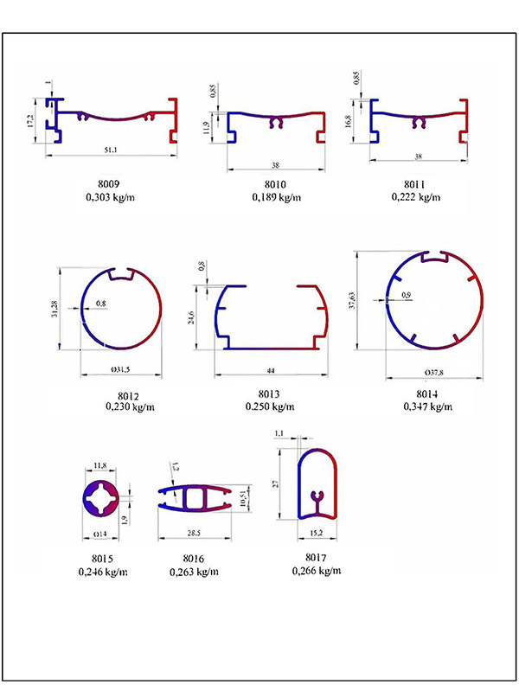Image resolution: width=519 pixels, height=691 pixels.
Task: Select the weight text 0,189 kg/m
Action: coord(277,197)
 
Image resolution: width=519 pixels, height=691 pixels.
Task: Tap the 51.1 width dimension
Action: coord(111,150)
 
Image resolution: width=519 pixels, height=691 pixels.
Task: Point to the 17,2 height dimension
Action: coord(29,121)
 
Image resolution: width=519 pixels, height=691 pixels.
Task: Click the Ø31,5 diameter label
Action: coord(120,370)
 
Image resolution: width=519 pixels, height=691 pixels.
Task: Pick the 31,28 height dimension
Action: coord(54,309)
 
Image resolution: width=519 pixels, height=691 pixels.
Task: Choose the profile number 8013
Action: coord(269,394)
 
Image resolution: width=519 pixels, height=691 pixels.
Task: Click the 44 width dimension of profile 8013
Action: coord(271,371)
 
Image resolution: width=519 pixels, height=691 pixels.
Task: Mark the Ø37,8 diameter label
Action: coord(434,373)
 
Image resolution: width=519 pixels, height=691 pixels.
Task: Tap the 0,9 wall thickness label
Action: coord(407,295)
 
